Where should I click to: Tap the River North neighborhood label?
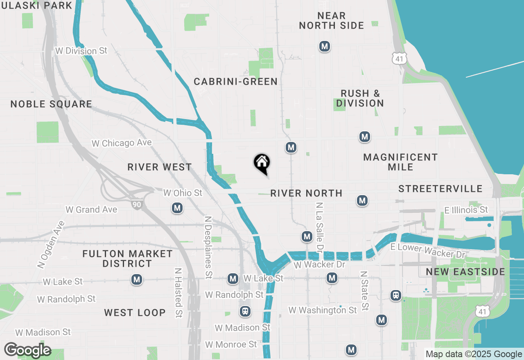(x=306, y=193)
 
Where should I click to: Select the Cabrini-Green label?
(x=236, y=82)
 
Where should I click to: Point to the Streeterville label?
(x=440, y=189)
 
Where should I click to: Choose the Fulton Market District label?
(x=127, y=259)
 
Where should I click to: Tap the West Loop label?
(x=135, y=313)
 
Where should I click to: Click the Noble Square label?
(x=51, y=104)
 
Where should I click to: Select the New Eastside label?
(x=465, y=272)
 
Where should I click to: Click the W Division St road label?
(x=81, y=51)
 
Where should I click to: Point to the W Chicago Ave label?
(x=122, y=143)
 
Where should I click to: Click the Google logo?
(x=27, y=351)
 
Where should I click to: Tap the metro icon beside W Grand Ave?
(x=177, y=208)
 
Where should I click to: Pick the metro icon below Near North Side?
(x=325, y=47)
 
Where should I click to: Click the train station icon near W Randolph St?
(x=245, y=311)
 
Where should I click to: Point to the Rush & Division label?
(x=360, y=98)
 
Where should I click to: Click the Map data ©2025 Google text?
(x=473, y=354)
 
